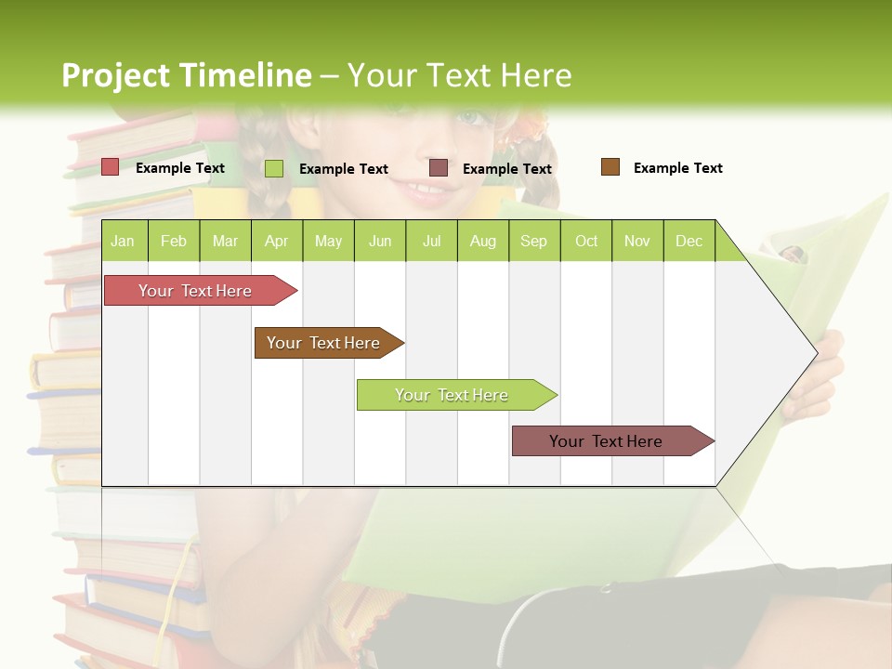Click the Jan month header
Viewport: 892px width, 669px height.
[124, 241]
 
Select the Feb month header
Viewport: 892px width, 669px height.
[174, 241]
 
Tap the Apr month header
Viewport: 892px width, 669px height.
[277, 241]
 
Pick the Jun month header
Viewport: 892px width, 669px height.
[380, 241]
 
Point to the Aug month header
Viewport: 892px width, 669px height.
[483, 241]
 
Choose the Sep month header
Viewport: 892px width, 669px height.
[534, 241]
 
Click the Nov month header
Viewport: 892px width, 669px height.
[637, 241]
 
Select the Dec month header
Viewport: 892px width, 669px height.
[689, 241]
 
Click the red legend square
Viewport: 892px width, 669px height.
[110, 167]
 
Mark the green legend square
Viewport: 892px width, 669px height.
[274, 168]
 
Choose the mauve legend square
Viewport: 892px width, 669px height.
[439, 168]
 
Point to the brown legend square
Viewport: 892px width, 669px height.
[610, 167]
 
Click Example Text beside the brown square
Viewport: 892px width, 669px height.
[677, 168]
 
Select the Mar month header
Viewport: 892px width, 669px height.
[225, 241]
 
